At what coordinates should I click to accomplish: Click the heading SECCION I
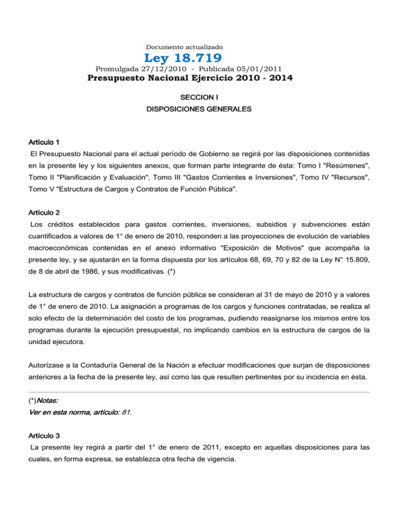point(199,98)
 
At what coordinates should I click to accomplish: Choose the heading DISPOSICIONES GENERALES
point(199,110)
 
